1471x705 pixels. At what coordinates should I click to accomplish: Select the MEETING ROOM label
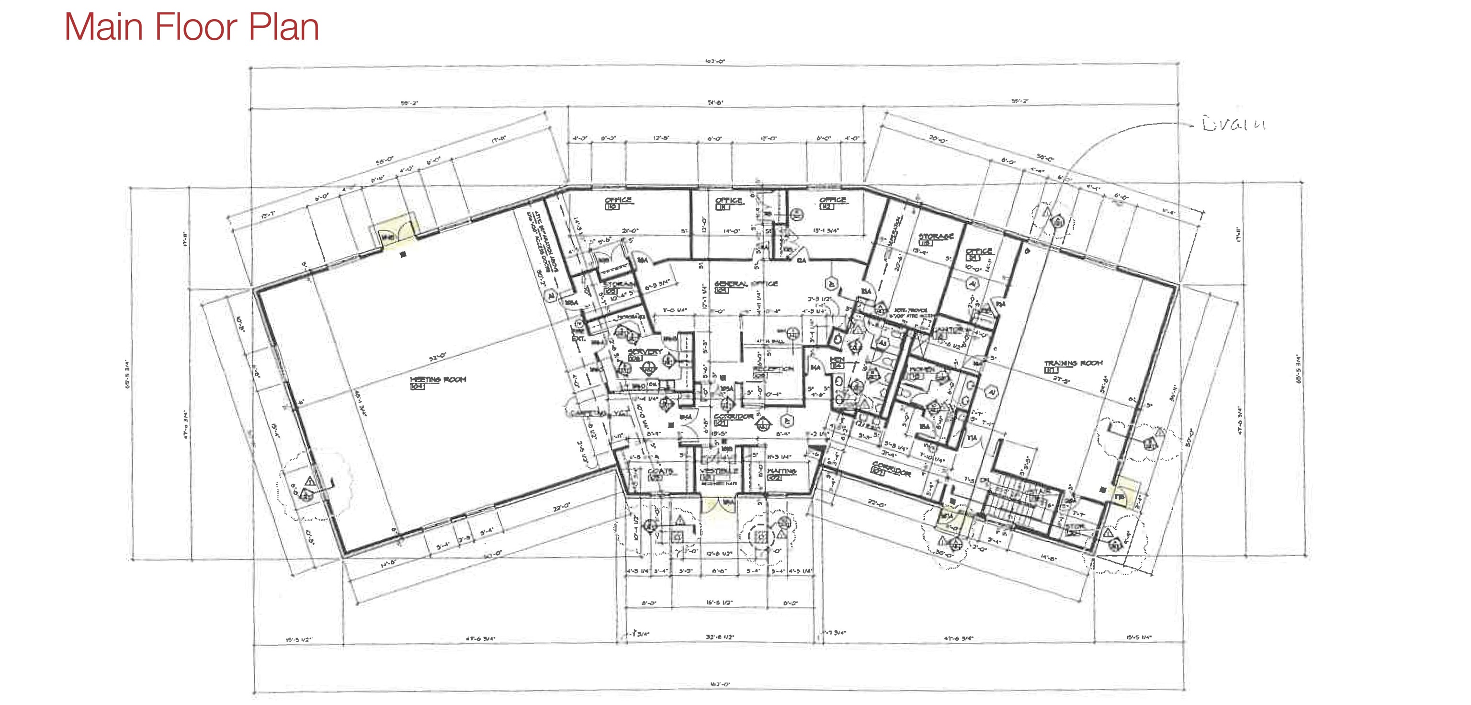[438, 379]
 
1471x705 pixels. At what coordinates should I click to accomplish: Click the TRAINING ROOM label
[1074, 364]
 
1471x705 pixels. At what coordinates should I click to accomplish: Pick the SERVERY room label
[645, 352]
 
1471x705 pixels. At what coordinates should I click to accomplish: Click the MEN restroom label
[837, 360]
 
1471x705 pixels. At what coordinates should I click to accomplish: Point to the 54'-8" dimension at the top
[716, 103]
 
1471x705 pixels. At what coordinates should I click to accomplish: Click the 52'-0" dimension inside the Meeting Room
[438, 358]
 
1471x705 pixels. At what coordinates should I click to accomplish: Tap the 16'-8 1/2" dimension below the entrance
[719, 603]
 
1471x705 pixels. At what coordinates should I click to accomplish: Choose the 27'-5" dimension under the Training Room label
[1061, 380]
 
